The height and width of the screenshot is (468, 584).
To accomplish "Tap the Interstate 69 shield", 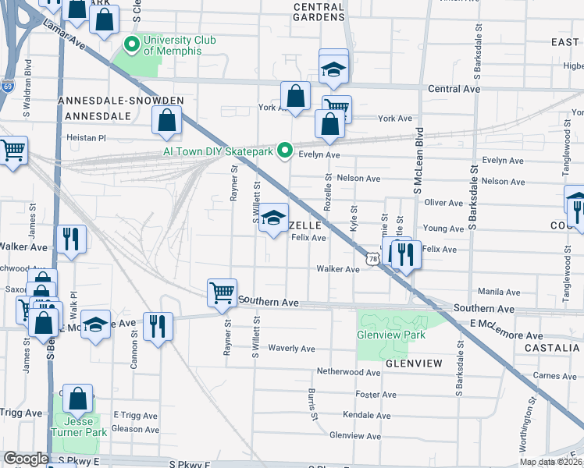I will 7,86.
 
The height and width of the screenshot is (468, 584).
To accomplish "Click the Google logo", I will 26,459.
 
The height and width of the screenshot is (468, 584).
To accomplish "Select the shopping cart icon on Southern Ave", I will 222,293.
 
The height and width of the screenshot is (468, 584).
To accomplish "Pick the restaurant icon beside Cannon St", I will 158,326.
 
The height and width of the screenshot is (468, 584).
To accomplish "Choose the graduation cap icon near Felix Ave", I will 273,218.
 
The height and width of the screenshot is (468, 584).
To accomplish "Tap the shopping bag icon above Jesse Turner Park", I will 78,399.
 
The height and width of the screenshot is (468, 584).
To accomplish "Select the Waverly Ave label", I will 291,349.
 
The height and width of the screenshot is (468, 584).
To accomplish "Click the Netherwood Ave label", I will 348,373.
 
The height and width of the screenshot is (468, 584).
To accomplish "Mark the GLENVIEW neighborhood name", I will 413,363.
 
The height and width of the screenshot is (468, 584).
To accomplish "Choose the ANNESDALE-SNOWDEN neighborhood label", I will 120,101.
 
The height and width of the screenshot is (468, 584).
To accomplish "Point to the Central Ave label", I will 454,90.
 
